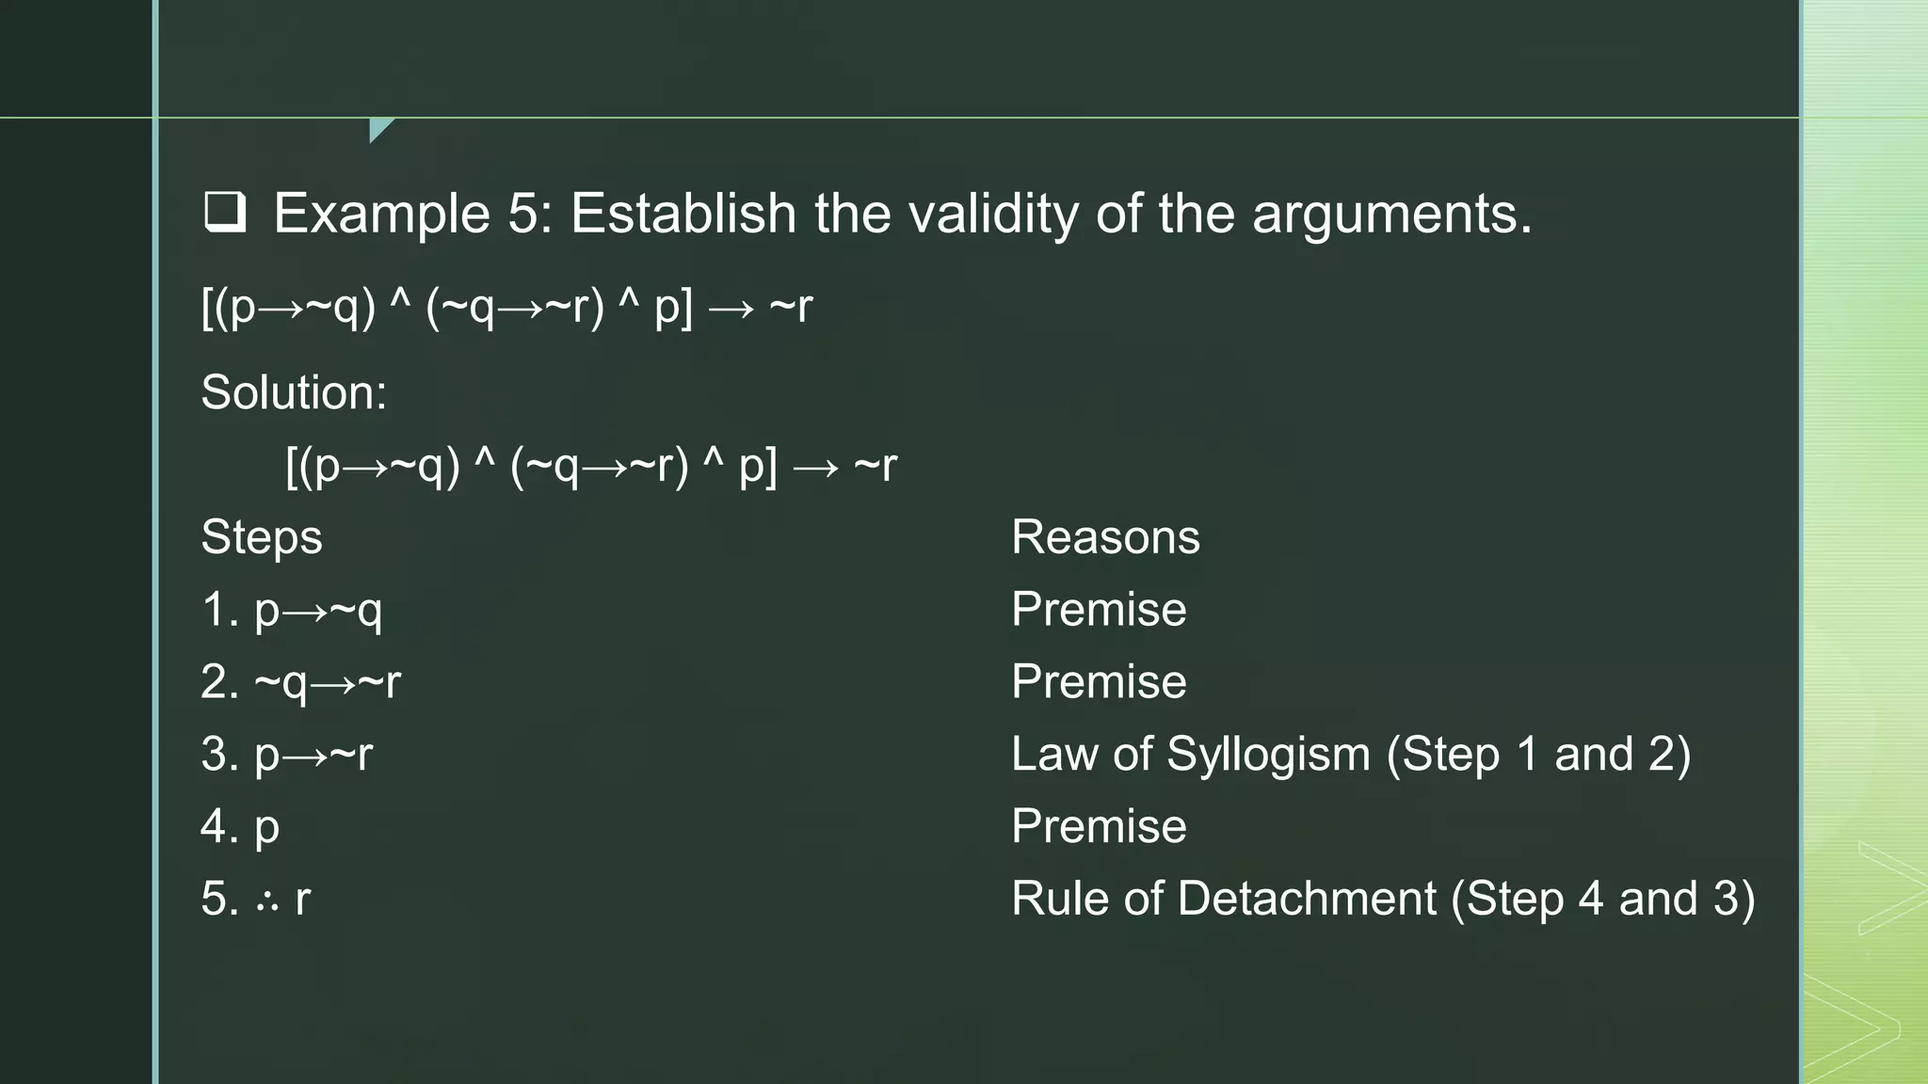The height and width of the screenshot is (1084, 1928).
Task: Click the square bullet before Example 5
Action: pyautogui.click(x=225, y=213)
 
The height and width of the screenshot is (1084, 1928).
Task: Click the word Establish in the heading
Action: pyautogui.click(x=683, y=213)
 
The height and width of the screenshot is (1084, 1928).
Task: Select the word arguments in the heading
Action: pyautogui.click(x=1391, y=215)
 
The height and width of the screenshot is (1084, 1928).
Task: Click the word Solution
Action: pyautogui.click(x=293, y=391)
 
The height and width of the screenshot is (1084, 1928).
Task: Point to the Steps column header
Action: pyautogui.click(x=262, y=537)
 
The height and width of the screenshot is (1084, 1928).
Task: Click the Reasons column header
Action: pyautogui.click(x=1105, y=537)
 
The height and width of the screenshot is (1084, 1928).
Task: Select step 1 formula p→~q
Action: pyautogui.click(x=318, y=610)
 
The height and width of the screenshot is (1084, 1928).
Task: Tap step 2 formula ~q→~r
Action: pyautogui.click(x=328, y=682)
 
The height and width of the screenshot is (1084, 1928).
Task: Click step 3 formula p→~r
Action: pyautogui.click(x=313, y=755)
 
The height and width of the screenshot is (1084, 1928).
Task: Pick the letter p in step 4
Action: pyautogui.click(x=266, y=828)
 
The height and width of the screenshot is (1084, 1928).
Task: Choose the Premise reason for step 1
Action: pyautogui.click(x=1099, y=610)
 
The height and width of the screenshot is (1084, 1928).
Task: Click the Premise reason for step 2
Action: pyautogui.click(x=1099, y=682)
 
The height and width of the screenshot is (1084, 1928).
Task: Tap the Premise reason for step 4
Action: pyautogui.click(x=1099, y=826)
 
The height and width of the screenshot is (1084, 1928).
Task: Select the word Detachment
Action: pyautogui.click(x=1307, y=899)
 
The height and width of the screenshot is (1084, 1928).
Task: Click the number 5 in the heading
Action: pyautogui.click(x=522, y=213)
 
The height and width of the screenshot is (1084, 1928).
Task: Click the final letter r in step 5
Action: pyautogui.click(x=302, y=900)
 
